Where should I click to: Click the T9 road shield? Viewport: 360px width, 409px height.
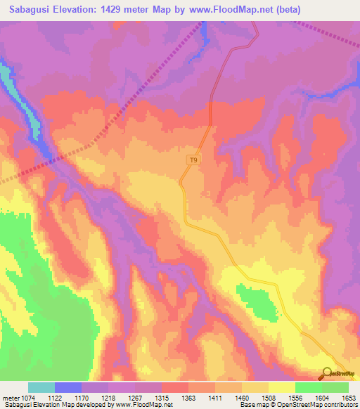tap(193, 160)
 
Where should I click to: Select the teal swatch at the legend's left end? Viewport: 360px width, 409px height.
tap(41, 387)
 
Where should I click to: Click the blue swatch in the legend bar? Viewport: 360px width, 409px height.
tap(68, 387)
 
